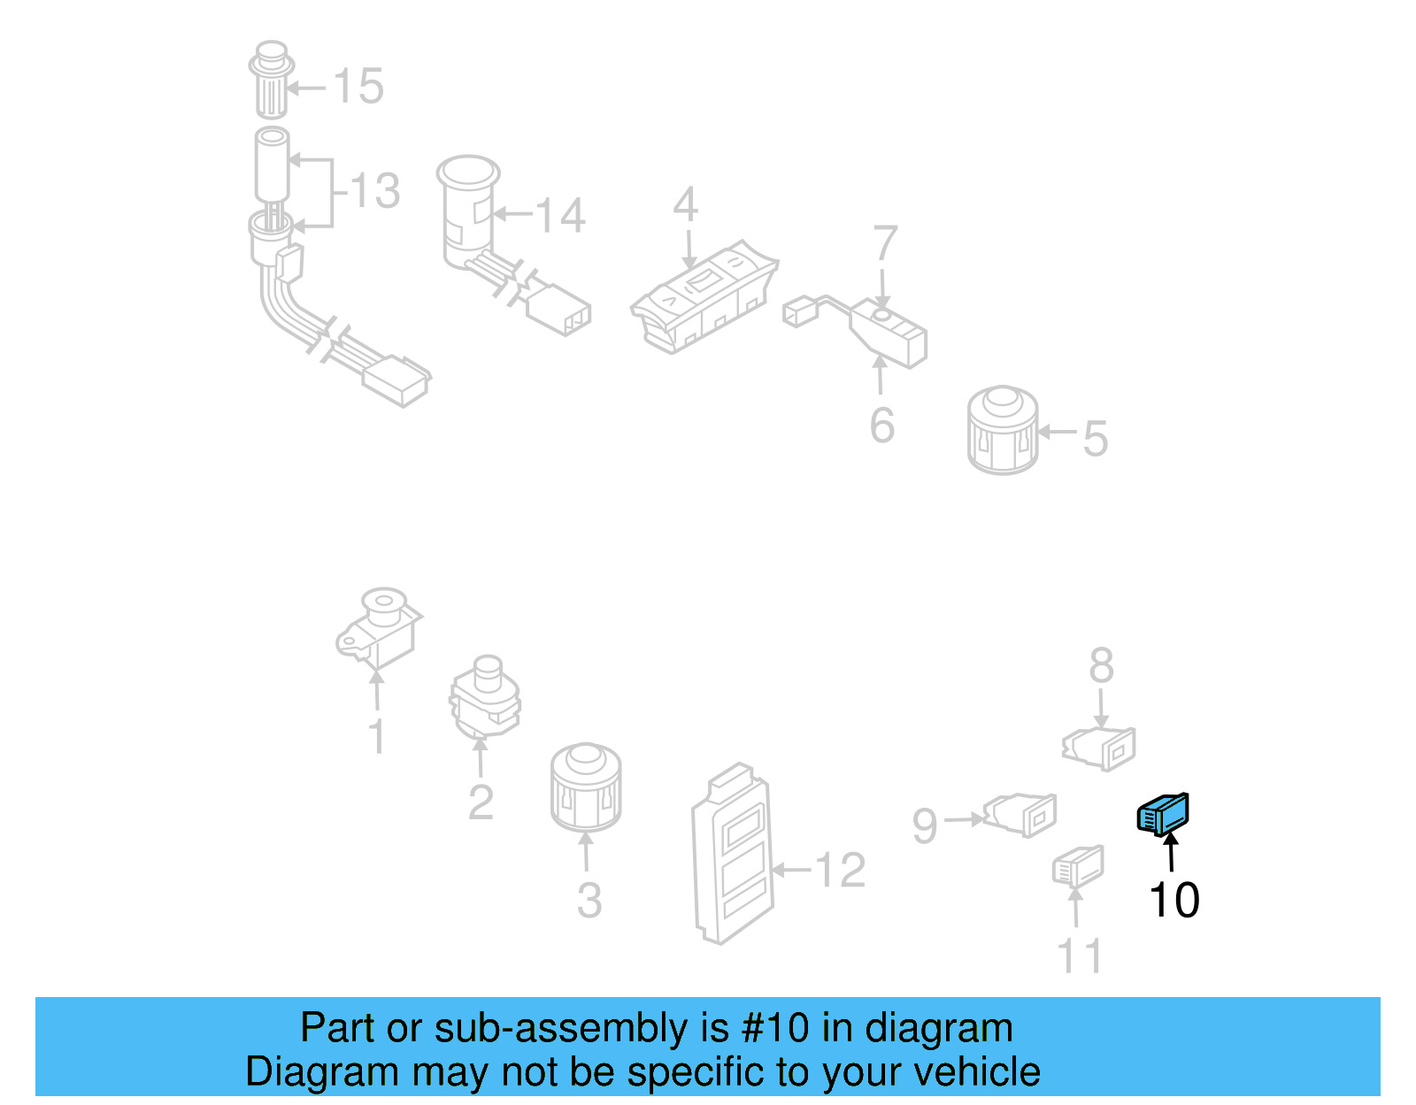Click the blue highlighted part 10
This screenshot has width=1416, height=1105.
click(x=1163, y=815)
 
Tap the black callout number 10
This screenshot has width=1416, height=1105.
click(x=1174, y=901)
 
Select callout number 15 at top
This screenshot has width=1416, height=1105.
click(x=358, y=87)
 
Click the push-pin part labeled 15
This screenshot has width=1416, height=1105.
click(x=272, y=80)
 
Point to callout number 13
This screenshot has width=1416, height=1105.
click(x=375, y=191)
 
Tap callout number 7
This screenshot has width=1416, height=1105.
click(x=885, y=243)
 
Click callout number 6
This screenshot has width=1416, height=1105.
click(x=882, y=426)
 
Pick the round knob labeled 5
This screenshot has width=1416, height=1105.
click(x=1002, y=430)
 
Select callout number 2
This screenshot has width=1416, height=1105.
click(x=481, y=802)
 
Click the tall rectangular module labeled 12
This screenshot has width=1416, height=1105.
click(x=733, y=854)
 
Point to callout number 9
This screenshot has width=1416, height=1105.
click(x=925, y=825)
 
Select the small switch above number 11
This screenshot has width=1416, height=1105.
click(x=1078, y=867)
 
